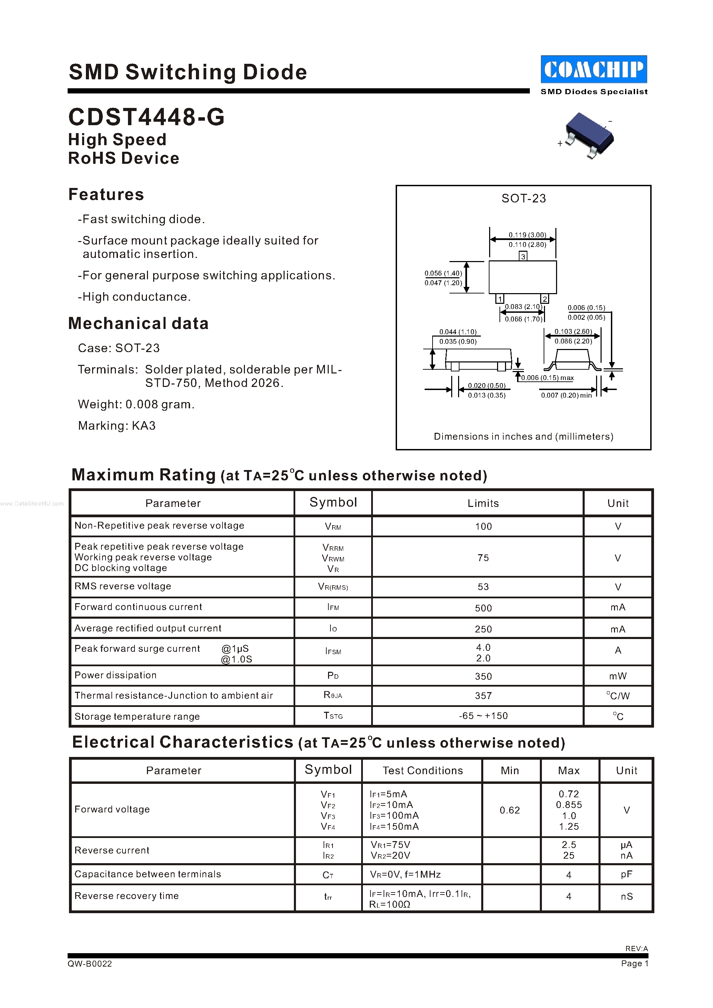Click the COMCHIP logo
tap(594, 69)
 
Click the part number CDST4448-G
tap(146, 117)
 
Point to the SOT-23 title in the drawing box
tap(523, 198)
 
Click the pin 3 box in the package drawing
tap(523, 256)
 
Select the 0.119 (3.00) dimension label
tap(527, 235)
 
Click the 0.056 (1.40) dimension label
tap(443, 273)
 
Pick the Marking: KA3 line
tap(117, 426)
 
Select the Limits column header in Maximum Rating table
tap(483, 503)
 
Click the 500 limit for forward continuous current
tap(483, 608)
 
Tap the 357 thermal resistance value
tap(483, 696)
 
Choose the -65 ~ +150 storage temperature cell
tap(483, 716)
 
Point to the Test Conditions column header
tap(422, 770)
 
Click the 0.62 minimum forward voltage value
tap(510, 810)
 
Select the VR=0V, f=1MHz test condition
tap(405, 875)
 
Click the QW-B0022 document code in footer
tap(90, 964)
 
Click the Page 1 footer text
tap(634, 963)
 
